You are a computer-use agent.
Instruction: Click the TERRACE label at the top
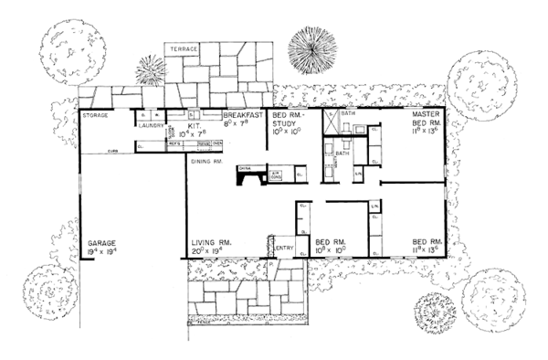[x=184, y=46]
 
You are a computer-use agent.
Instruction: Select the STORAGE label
[x=97, y=116]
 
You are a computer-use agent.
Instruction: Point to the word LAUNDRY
[x=152, y=126]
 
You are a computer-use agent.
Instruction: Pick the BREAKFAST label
[x=245, y=116]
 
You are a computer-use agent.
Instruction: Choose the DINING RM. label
[x=205, y=162]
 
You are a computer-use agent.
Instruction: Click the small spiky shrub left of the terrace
[x=151, y=69]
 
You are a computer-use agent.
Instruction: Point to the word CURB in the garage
[x=111, y=150]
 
